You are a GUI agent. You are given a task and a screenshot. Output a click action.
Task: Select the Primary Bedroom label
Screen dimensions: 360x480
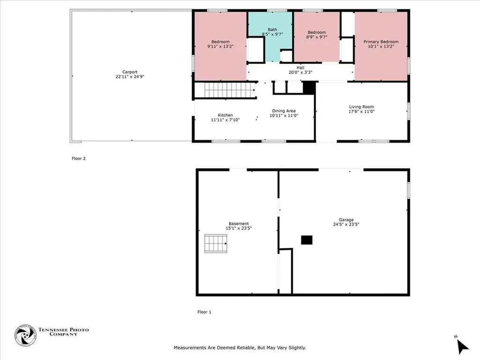pos(381,42)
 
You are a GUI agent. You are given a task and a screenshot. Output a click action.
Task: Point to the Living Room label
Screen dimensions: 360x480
pos(361,107)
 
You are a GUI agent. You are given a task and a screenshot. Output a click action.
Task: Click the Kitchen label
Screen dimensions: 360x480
pos(225,115)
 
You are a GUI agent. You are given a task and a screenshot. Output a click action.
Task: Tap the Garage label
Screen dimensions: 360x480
pos(346,219)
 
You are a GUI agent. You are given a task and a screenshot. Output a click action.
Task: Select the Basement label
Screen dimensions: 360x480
pos(239,224)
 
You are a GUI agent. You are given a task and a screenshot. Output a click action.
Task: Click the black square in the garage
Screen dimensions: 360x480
pos(307,240)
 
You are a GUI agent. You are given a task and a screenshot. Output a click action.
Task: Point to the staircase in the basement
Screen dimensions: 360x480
pos(216,244)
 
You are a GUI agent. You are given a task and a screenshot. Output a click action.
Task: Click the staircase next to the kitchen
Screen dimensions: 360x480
pos(225,90)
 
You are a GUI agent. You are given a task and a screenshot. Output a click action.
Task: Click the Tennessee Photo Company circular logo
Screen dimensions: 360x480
pos(25,335)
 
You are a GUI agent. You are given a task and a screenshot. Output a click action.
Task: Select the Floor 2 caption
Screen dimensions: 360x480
pos(78,158)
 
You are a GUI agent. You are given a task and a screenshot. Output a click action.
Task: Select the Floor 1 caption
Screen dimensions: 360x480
pos(204,312)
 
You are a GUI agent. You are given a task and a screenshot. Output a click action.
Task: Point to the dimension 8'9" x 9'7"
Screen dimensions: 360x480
pos(316,37)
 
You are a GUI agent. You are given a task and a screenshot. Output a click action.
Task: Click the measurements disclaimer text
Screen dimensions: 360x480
pos(240,348)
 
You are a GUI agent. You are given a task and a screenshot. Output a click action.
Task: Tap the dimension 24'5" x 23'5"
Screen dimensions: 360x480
pos(346,225)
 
